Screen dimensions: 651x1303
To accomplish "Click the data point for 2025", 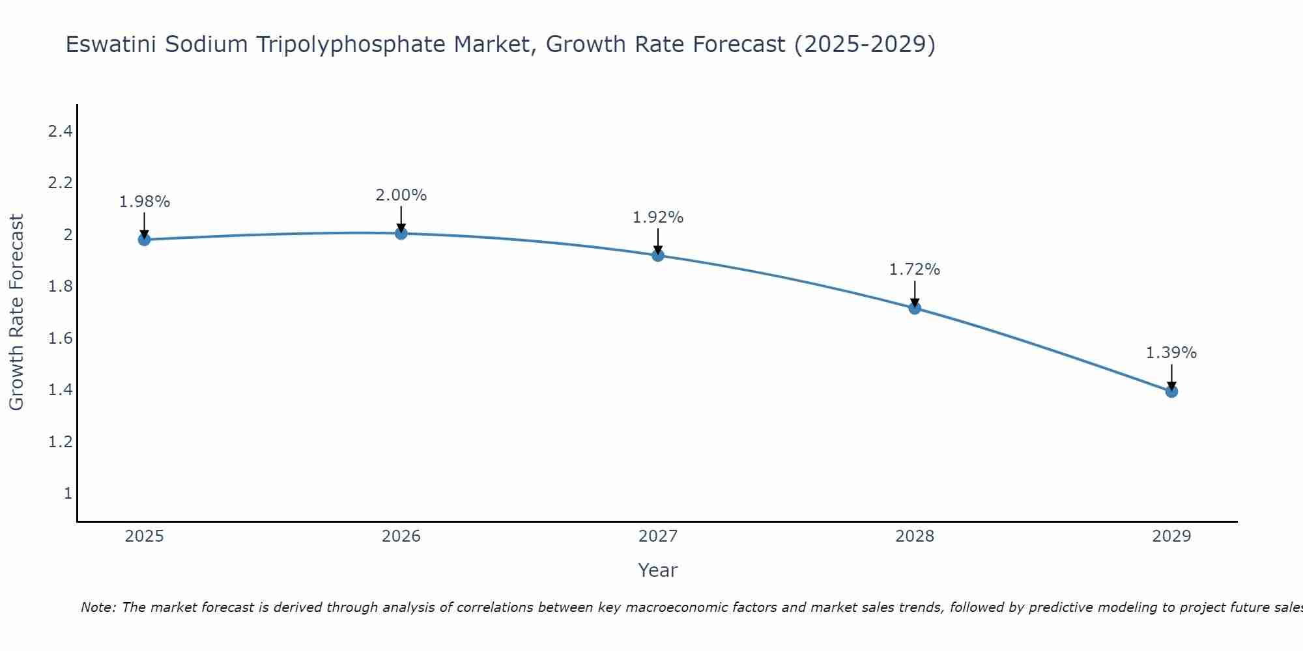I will point(144,240).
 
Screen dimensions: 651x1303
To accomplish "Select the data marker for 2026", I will point(401,233).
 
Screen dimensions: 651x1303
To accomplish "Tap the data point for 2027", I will point(658,255).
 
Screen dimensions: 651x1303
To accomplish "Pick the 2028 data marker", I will point(915,308).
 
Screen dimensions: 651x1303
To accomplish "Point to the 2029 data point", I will point(1171,391).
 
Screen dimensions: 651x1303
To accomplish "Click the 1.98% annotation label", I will point(144,202).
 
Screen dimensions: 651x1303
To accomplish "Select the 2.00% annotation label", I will point(401,195).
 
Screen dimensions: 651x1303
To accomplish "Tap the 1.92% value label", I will point(658,217).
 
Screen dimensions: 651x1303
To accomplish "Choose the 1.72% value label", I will point(915,270).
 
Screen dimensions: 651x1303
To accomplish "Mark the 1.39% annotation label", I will point(1171,353).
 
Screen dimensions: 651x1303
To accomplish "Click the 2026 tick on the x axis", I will point(401,536).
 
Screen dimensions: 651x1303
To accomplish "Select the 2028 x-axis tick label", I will point(915,536).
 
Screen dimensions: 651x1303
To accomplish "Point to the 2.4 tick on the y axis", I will point(60,132).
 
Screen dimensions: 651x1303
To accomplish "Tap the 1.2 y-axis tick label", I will point(60,442).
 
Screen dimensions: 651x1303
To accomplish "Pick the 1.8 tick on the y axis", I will point(60,286).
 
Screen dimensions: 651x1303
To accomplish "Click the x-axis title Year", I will point(658,570).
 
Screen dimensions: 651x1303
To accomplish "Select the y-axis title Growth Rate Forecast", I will point(16,312).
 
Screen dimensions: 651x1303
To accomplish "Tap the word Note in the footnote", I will point(98,607).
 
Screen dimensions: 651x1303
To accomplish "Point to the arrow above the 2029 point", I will point(1171,376).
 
